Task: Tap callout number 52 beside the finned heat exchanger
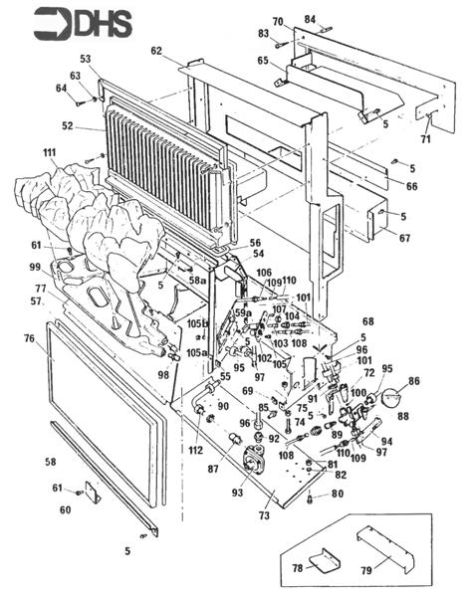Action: point(68,125)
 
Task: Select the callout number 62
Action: point(156,50)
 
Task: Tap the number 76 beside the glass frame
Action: point(29,338)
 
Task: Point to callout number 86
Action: point(413,380)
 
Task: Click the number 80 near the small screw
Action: point(337,493)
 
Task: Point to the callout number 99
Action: point(34,268)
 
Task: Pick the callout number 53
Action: point(86,61)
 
